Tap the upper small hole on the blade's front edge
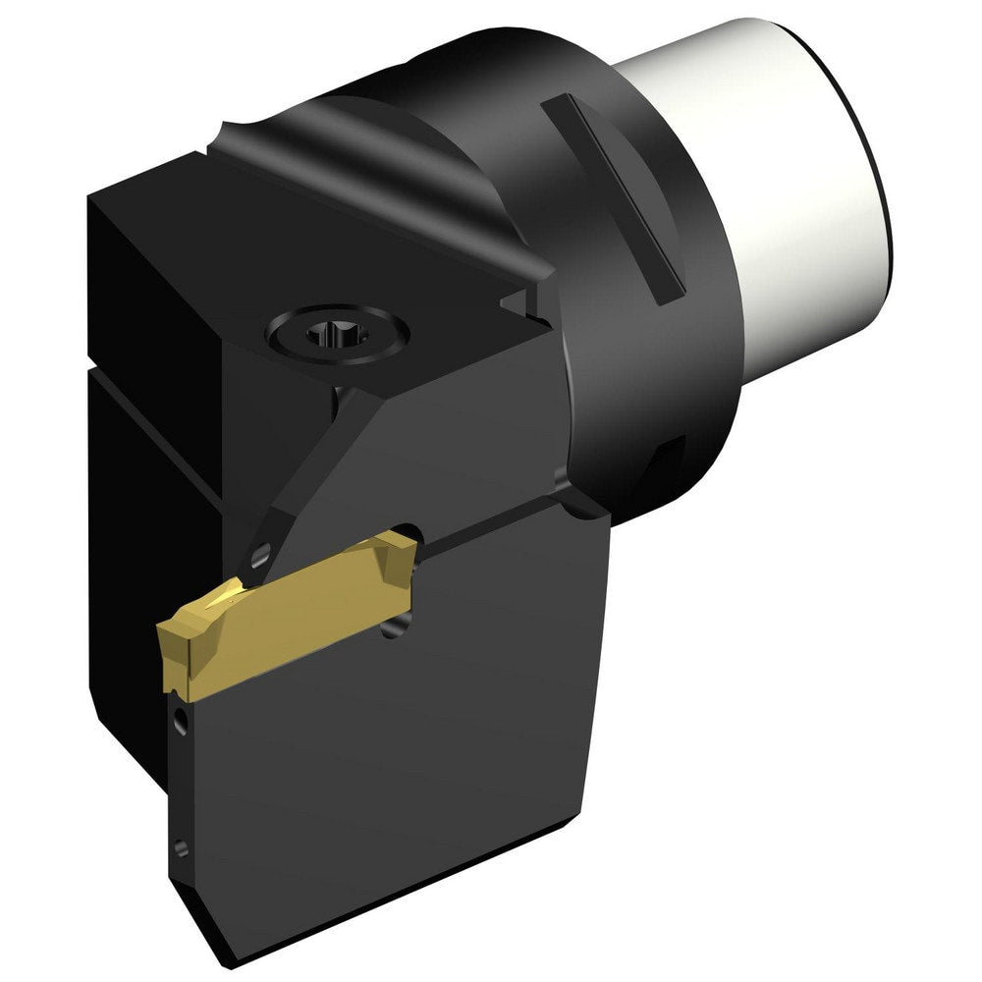pyautogui.click(x=180, y=725)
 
